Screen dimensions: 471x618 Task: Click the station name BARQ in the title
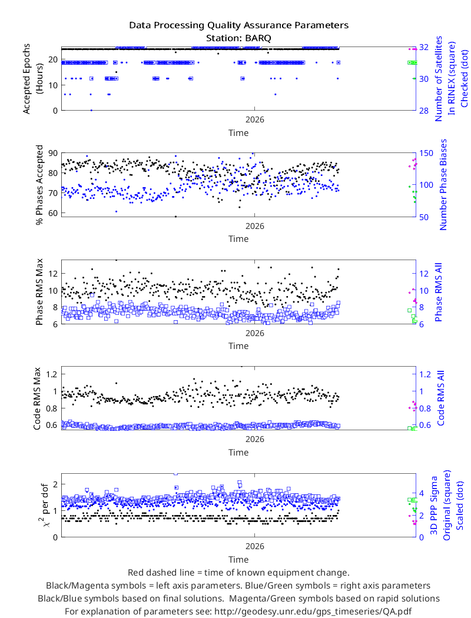[258, 38]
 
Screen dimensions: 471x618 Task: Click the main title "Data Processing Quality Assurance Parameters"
[239, 25]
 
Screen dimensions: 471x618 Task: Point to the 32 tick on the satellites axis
[424, 47]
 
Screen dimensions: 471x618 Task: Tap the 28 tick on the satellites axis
[424, 111]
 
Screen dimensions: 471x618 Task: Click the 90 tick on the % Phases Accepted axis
[53, 153]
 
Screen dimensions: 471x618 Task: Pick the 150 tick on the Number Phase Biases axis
[426, 153]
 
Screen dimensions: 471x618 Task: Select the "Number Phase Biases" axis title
[443, 184]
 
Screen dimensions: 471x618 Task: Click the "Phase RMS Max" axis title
[39, 292]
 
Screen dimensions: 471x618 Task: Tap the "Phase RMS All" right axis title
[438, 292]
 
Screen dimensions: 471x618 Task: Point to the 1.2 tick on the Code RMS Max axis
[52, 374]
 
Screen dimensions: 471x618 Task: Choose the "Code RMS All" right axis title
[440, 398]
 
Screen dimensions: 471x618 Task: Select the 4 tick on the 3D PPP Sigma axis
[422, 493]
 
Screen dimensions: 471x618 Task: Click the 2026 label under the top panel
[254, 119]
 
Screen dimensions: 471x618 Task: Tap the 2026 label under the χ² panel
[254, 546]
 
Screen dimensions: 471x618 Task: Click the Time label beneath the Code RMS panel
[238, 453]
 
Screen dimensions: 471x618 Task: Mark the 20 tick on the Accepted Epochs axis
[53, 59]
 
